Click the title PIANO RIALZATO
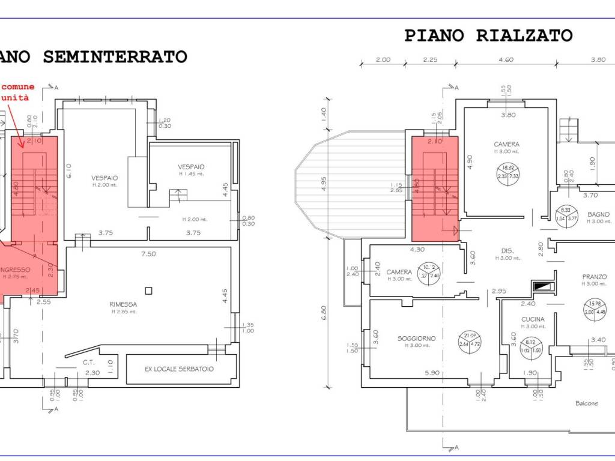pos(488,35)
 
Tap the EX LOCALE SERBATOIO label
pos(179,369)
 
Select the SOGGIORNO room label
pos(416,338)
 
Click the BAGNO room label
pos(598,214)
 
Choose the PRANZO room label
pos(594,277)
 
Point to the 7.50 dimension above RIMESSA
pos(148,254)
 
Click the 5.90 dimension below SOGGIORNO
pos(432,373)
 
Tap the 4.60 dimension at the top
pos(506,59)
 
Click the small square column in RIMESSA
pos(148,291)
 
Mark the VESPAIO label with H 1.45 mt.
pos(191,166)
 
